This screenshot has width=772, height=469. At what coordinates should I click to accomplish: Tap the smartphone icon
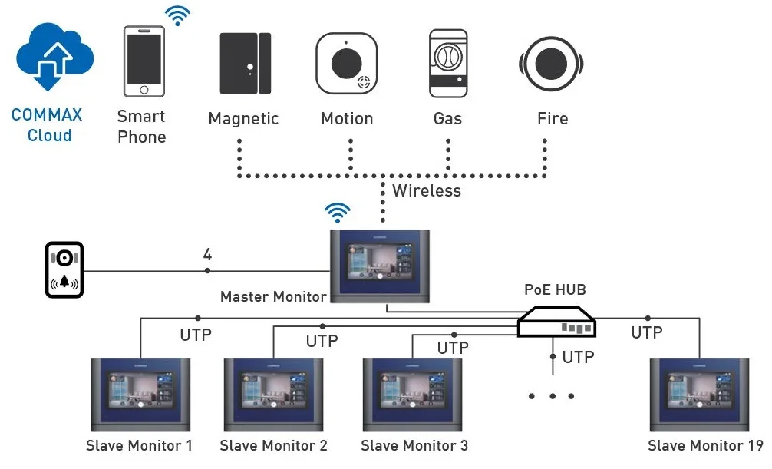click(x=144, y=61)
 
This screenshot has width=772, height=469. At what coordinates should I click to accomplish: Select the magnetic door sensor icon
click(x=244, y=63)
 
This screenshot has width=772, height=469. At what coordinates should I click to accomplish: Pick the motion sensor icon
click(x=346, y=63)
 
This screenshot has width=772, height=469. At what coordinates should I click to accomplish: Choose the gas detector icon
click(x=448, y=63)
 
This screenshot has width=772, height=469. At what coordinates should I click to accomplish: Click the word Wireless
click(x=427, y=190)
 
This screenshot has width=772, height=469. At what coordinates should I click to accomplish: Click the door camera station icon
click(x=64, y=269)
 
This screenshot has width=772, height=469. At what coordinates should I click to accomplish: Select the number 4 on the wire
click(x=207, y=254)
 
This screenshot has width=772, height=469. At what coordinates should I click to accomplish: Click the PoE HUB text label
click(x=555, y=289)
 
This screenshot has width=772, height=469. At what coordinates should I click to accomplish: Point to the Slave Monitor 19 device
click(x=699, y=395)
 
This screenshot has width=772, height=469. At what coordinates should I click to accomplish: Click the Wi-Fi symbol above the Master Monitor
click(x=338, y=212)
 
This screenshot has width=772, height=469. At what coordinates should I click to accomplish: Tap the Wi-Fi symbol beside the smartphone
click(x=178, y=15)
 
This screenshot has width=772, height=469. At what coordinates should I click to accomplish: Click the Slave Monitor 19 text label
click(x=705, y=445)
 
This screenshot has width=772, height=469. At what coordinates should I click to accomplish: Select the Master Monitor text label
click(x=273, y=296)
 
